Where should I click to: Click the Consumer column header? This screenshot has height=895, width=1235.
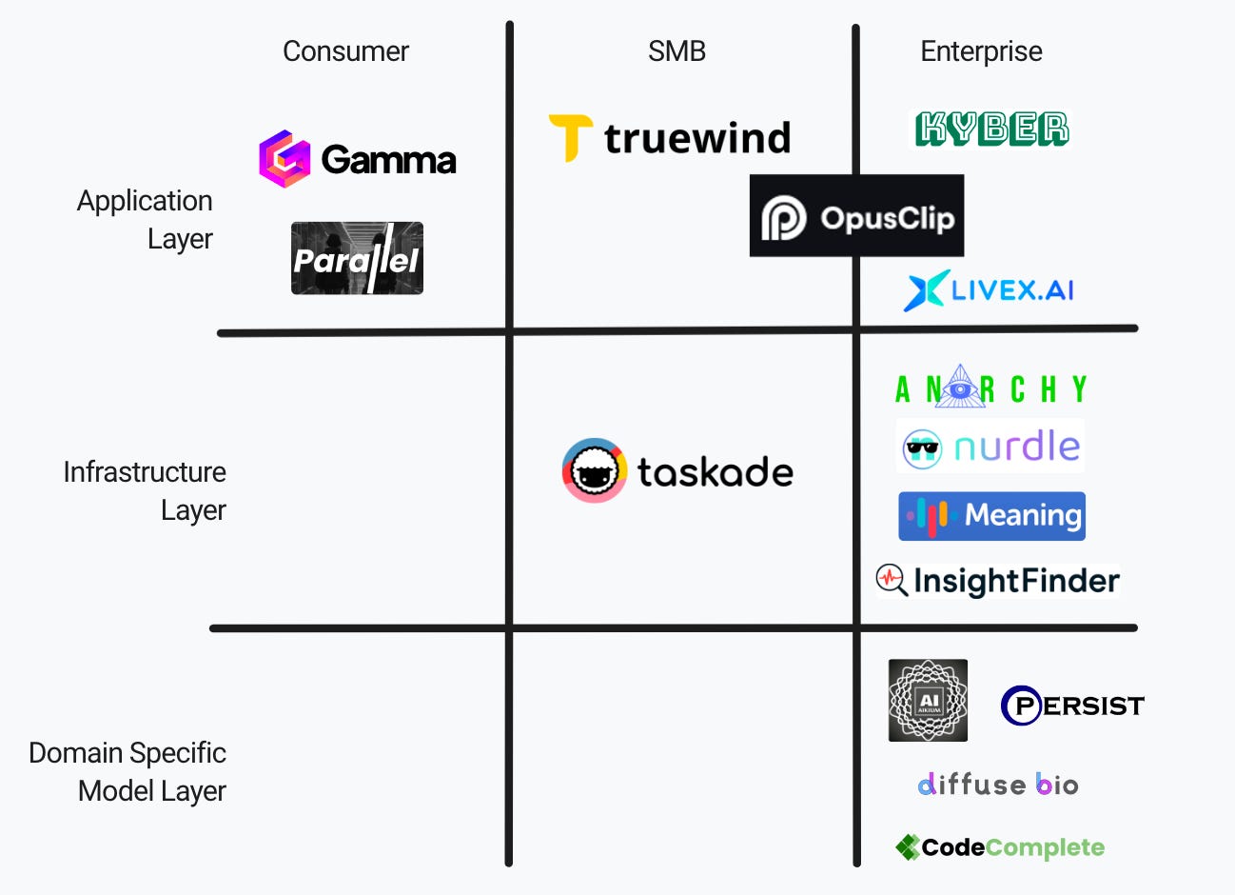345,51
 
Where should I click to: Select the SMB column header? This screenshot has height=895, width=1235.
676,51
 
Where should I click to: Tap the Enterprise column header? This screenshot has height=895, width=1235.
981,51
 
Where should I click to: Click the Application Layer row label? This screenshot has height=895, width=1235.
146,220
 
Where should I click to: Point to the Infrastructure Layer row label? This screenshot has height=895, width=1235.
146,491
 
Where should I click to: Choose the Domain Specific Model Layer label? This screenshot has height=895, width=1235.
128,772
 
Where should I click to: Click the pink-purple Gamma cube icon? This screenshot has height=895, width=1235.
284,159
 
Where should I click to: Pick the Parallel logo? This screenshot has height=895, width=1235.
357,259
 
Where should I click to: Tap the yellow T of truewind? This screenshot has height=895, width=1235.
570,137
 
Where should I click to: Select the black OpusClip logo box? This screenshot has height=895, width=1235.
856,216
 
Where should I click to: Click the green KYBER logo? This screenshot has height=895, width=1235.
991,129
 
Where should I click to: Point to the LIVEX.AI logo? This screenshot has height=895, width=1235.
989,290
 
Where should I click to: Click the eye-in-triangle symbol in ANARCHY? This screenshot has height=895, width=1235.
959,388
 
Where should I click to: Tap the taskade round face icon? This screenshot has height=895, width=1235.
595,470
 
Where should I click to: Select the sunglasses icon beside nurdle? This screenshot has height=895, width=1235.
921,447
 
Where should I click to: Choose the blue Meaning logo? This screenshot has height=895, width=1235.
991,516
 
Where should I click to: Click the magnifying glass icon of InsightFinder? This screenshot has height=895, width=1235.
891,579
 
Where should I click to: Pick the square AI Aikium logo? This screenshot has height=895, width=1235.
928,701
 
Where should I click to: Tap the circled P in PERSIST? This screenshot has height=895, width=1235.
1022,706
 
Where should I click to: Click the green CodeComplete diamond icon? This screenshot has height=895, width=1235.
908,847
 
